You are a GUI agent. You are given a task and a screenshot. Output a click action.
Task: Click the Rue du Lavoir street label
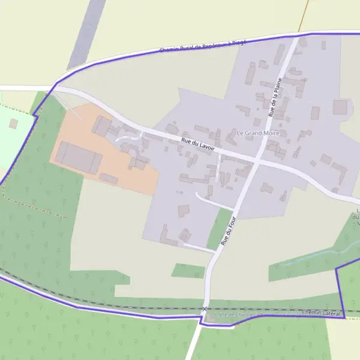[197, 143]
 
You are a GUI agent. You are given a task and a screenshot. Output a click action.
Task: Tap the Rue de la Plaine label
[275, 96]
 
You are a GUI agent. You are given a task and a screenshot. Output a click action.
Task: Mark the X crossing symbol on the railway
[205, 309]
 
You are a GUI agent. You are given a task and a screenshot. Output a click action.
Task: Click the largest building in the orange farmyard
[79, 157]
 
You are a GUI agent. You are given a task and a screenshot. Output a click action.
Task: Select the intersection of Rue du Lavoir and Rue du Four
[257, 161]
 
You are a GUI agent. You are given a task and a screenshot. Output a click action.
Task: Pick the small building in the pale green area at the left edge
[13, 123]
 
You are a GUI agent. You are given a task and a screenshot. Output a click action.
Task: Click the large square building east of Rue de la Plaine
[340, 107]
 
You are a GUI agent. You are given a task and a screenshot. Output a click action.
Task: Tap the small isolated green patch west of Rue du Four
[188, 271]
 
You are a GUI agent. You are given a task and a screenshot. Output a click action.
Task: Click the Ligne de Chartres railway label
[252, 314]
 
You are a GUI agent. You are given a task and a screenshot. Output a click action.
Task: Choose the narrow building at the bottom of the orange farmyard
[109, 178]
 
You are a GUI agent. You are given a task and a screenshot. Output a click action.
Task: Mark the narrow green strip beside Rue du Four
[221, 228]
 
